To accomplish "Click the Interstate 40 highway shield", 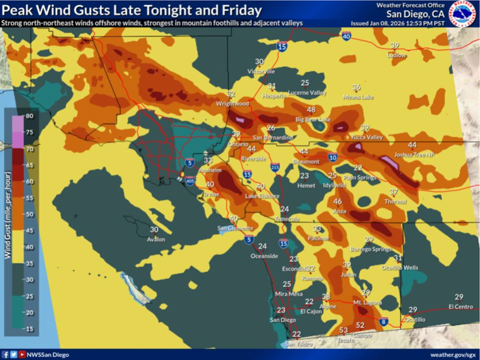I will point(347,37).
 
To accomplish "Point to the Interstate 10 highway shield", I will point(332,157).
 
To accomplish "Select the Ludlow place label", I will point(396,54).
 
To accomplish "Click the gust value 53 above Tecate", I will point(343,330).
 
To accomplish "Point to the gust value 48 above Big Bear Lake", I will point(311,110).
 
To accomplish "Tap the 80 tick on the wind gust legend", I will point(29,116).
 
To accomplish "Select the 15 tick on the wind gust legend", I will point(29,329).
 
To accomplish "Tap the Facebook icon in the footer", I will point(5,354).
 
